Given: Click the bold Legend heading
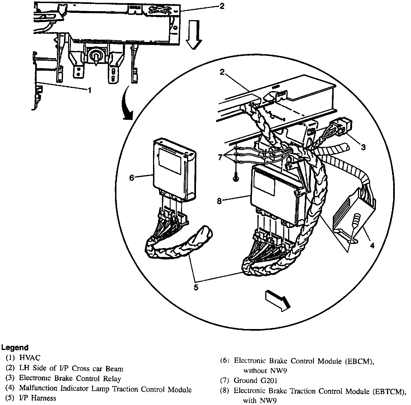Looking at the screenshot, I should [x=15, y=348].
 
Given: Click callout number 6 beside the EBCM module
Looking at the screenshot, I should [x=132, y=177].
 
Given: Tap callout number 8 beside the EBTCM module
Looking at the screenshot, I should [x=219, y=201].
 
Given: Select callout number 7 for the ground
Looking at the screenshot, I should [x=220, y=158].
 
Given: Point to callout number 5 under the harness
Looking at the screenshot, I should [x=196, y=287].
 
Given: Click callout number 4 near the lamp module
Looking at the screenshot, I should [x=372, y=246].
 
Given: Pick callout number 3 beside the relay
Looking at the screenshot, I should [x=363, y=147].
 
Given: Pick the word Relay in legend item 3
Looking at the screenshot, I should [x=112, y=379].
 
